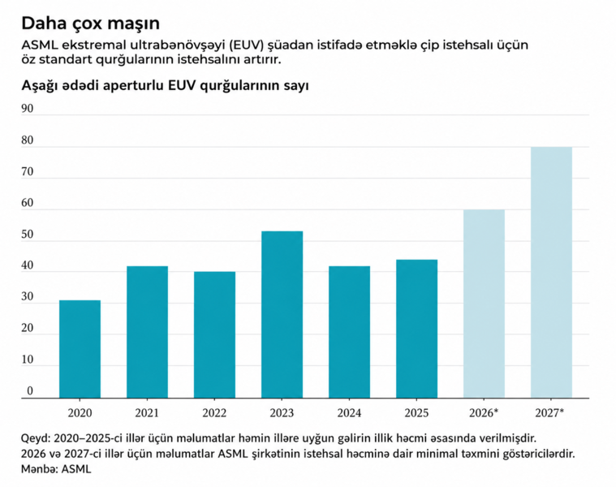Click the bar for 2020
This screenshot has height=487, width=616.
coord(80,349)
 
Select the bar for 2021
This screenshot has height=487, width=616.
coord(147,332)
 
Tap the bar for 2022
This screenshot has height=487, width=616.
coord(214,334)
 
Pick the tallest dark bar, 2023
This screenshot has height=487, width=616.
coord(282,315)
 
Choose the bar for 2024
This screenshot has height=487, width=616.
coord(349,332)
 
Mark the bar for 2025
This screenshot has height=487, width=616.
coord(416,329)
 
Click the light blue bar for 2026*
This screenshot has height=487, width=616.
coord(484,304)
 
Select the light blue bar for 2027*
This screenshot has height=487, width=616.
coord(551,272)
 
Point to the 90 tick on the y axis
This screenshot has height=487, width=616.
coord(28,109)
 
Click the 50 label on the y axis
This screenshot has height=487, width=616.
coord(28,235)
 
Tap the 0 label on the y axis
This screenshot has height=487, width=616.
coord(30,391)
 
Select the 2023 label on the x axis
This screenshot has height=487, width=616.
coord(282,412)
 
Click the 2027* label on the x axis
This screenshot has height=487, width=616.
coord(551,412)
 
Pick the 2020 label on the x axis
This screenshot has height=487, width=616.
coord(80,412)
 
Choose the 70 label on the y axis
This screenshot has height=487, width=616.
coord(28,172)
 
